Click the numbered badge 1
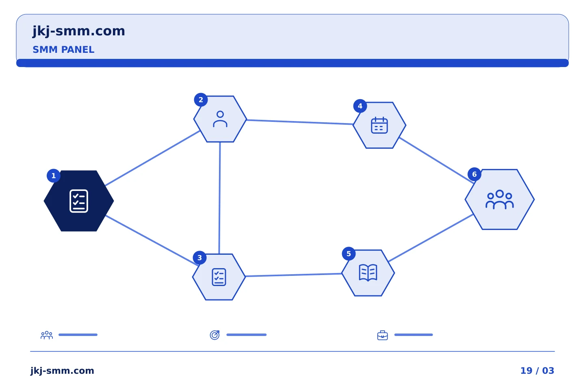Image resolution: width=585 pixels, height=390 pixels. pyautogui.click(x=54, y=176)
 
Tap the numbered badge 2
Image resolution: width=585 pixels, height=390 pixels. pyautogui.click(x=201, y=100)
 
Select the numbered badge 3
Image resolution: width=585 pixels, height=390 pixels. pyautogui.click(x=199, y=258)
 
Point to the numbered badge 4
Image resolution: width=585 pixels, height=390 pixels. pyautogui.click(x=360, y=106)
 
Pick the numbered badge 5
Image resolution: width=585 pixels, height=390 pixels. pyautogui.click(x=349, y=253)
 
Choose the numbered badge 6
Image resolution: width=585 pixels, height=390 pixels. pyautogui.click(x=474, y=174)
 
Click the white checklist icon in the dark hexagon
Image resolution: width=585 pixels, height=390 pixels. pyautogui.click(x=79, y=201)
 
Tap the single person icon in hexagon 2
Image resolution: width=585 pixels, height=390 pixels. pyautogui.click(x=220, y=119)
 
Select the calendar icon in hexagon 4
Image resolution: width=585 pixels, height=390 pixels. pyautogui.click(x=379, y=125)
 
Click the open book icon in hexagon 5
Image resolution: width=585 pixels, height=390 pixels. pyautogui.click(x=368, y=273)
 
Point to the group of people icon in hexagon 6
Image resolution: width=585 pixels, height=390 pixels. pyautogui.click(x=500, y=199)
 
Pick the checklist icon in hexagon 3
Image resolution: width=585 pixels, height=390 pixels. pyautogui.click(x=219, y=277)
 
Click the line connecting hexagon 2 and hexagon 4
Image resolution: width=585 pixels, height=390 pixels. pyautogui.click(x=300, y=122)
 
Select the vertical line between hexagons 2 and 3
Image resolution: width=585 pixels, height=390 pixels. pyautogui.click(x=220, y=198)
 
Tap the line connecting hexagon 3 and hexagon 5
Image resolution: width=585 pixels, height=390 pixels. pyautogui.click(x=294, y=275)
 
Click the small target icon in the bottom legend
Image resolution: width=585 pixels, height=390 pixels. pyautogui.click(x=214, y=335)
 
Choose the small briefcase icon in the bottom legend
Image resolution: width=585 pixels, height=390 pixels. pyautogui.click(x=383, y=335)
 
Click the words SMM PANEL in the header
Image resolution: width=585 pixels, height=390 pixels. pyautogui.click(x=63, y=50)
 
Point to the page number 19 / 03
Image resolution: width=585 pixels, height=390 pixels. pyautogui.click(x=537, y=370)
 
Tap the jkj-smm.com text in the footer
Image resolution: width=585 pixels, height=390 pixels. pyautogui.click(x=62, y=371)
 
